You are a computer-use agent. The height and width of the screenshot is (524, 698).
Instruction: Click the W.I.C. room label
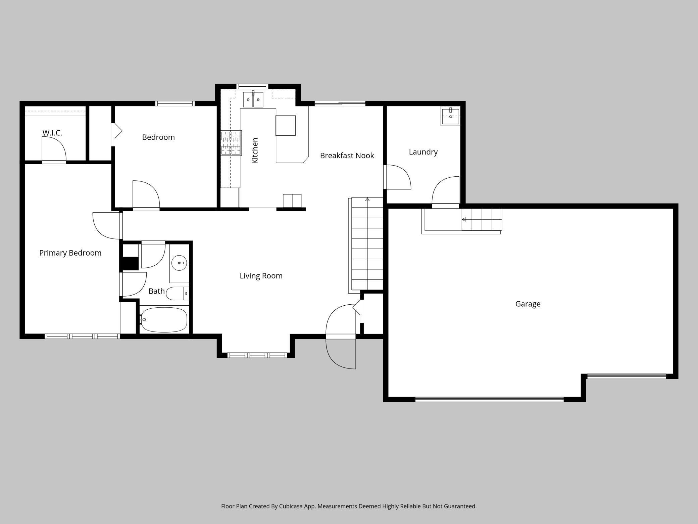52,133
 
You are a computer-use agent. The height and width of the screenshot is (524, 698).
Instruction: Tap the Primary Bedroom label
70,253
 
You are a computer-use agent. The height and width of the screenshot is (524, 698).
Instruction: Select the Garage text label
528,304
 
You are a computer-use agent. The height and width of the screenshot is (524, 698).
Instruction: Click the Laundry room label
423,152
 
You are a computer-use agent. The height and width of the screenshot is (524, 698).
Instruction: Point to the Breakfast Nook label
347,156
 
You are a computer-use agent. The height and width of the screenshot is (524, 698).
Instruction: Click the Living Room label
261,276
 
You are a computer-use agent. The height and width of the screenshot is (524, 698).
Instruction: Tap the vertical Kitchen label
255,150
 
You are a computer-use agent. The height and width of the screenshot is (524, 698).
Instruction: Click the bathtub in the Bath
164,319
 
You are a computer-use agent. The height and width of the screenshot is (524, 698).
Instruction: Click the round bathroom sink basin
180,263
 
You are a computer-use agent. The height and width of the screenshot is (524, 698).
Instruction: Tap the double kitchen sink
253,99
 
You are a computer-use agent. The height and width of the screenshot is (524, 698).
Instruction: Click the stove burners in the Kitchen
231,143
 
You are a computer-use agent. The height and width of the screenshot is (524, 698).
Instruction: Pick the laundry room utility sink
450,117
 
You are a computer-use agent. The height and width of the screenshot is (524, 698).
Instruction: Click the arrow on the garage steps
464,219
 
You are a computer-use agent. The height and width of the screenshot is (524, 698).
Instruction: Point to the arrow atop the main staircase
367,200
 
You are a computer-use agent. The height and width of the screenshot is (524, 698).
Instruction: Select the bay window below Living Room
257,355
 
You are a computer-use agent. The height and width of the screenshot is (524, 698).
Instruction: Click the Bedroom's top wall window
175,103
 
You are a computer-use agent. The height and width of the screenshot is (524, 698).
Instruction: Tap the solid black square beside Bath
130,263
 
